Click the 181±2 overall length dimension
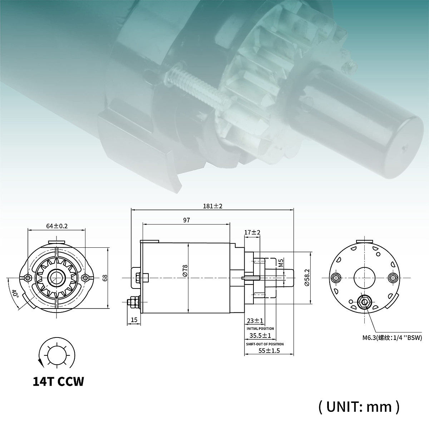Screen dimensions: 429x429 pyautogui.click(x=213, y=206)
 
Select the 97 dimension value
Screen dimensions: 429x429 pyautogui.click(x=186, y=221)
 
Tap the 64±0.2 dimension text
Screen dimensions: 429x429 pyautogui.click(x=57, y=226)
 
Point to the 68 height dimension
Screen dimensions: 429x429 pyautogui.click(x=105, y=277)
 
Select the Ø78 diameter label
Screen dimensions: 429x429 pyautogui.click(x=184, y=270)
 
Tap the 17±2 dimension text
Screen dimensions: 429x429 pyautogui.click(x=252, y=232)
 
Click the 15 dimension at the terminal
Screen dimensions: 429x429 pyautogui.click(x=134, y=320)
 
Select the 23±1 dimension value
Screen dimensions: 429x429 pyautogui.click(x=255, y=321)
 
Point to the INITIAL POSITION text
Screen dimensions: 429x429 pyautogui.click(x=260, y=329)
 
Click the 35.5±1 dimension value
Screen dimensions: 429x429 pyautogui.click(x=260, y=336)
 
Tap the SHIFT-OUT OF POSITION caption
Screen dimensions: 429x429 pyautogui.click(x=265, y=344)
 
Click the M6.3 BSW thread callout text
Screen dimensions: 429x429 pyautogui.click(x=391, y=337)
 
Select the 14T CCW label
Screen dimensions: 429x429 pyautogui.click(x=58, y=381)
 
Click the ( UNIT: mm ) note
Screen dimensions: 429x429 pyautogui.click(x=358, y=406)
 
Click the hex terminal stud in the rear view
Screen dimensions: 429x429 pyautogui.click(x=364, y=302)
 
